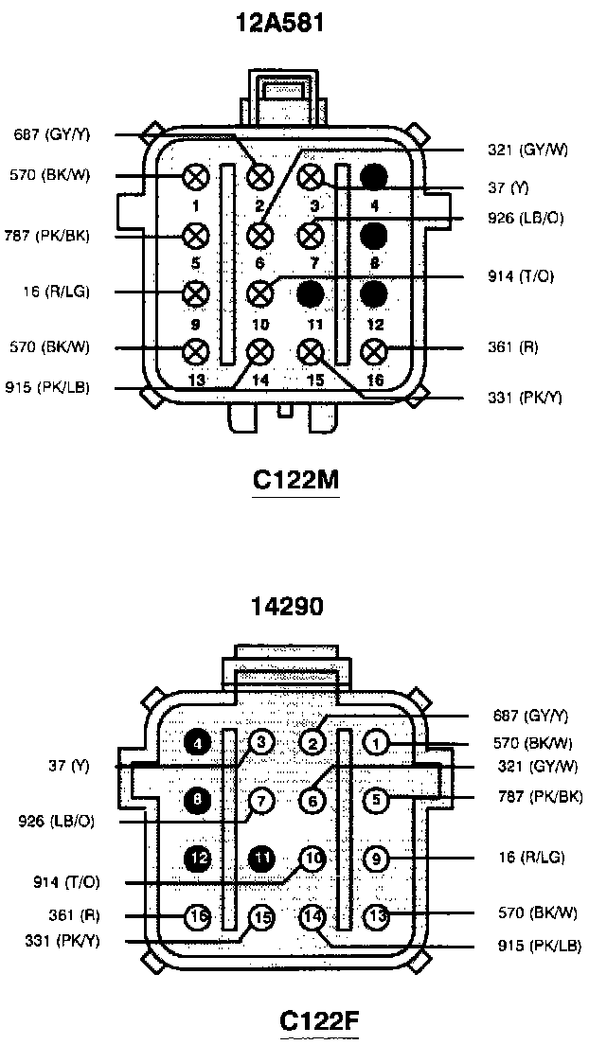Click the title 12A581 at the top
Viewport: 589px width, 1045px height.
pos(280,24)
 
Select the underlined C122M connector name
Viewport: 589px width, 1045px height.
pos(295,481)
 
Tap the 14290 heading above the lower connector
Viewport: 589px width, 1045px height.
pos(288,606)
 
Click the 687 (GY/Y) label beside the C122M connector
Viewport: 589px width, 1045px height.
pos(51,134)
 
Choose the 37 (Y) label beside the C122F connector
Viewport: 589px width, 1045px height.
pos(70,767)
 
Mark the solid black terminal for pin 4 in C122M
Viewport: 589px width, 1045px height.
pos(373,177)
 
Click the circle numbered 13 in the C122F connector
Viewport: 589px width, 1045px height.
pos(377,915)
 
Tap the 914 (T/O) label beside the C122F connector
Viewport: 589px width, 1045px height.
pos(66,882)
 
